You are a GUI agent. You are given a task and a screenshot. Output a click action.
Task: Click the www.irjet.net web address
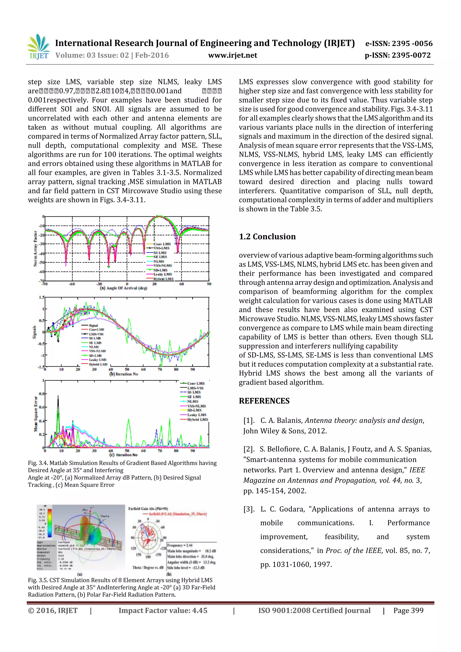click(232, 55)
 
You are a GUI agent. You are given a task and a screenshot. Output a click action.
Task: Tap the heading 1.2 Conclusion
click(267, 237)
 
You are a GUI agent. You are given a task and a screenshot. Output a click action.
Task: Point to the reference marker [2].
click(249, 449)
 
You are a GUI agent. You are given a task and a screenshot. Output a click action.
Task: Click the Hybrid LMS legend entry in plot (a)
click(163, 279)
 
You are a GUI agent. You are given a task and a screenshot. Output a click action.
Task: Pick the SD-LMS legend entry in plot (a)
click(160, 270)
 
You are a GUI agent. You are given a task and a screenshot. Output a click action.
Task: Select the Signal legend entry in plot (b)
click(93, 325)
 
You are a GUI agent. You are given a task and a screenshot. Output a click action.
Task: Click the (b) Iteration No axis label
click(124, 374)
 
